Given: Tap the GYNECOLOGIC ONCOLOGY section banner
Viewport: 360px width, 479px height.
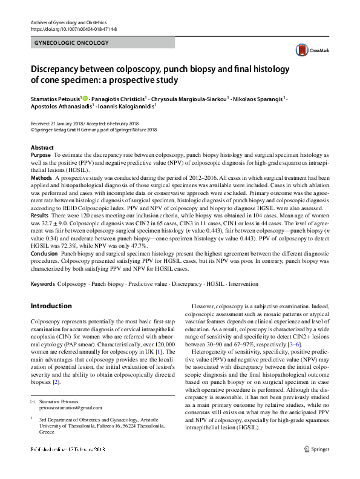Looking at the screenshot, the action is (72, 43).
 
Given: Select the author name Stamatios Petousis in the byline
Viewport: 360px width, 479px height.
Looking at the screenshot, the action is (55, 99).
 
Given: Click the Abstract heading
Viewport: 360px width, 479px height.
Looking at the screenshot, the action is (43, 148).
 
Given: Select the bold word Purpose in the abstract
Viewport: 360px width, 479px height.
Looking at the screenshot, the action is (41, 156).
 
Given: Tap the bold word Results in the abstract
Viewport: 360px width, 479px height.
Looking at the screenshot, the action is (39, 216).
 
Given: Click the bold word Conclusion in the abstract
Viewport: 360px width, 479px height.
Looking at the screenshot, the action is (44, 254).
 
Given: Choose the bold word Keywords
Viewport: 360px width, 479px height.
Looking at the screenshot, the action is (43, 283).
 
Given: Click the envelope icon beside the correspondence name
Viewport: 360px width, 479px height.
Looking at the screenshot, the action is (33, 401).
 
